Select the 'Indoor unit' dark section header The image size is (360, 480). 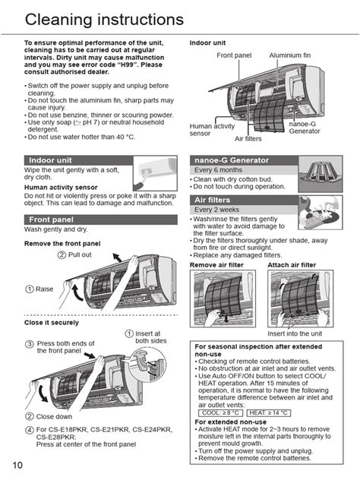tap(51, 160)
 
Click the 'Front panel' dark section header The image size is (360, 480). tap(52, 219)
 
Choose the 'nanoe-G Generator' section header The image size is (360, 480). tap(232, 160)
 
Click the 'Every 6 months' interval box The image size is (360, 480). tap(221, 170)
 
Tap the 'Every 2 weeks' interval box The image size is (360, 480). tap(219, 210)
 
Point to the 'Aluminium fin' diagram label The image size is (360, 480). tap(290, 56)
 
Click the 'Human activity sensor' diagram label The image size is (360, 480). tap(211, 130)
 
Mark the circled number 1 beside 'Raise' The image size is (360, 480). tap(30, 289)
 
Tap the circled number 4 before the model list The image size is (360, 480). tap(30, 430)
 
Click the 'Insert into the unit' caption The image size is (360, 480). tap(295, 333)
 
